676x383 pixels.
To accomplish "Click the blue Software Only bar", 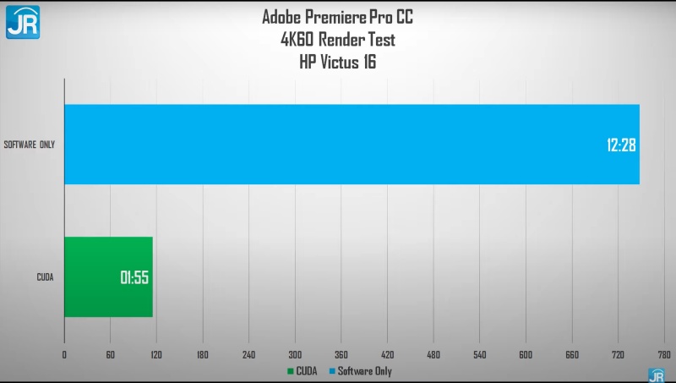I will [x=351, y=144].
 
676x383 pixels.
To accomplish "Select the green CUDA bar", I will [x=108, y=276].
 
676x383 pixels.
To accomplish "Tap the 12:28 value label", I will [x=620, y=145].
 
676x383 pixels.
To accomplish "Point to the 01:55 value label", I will [x=134, y=277].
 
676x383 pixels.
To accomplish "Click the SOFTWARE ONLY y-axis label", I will [x=30, y=145].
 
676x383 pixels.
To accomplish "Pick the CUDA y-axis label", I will [x=46, y=277].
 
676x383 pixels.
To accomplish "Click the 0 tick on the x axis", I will [x=64, y=355].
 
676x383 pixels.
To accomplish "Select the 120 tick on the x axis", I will [x=156, y=355].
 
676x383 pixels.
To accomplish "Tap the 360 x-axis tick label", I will [x=341, y=355].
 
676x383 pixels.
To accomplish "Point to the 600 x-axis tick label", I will [x=526, y=355].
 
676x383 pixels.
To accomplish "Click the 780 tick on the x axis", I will [x=664, y=355].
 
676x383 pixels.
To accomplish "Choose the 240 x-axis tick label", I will [x=248, y=355].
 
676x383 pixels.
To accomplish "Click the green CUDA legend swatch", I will [x=291, y=371].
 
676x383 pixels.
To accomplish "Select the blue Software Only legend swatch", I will [x=331, y=371].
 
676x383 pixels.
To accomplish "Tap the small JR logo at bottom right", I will [x=656, y=375].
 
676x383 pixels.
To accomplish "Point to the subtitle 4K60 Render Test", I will [x=338, y=40].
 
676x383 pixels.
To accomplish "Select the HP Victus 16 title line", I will [x=338, y=61].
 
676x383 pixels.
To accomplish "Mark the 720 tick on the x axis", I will [x=618, y=355].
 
